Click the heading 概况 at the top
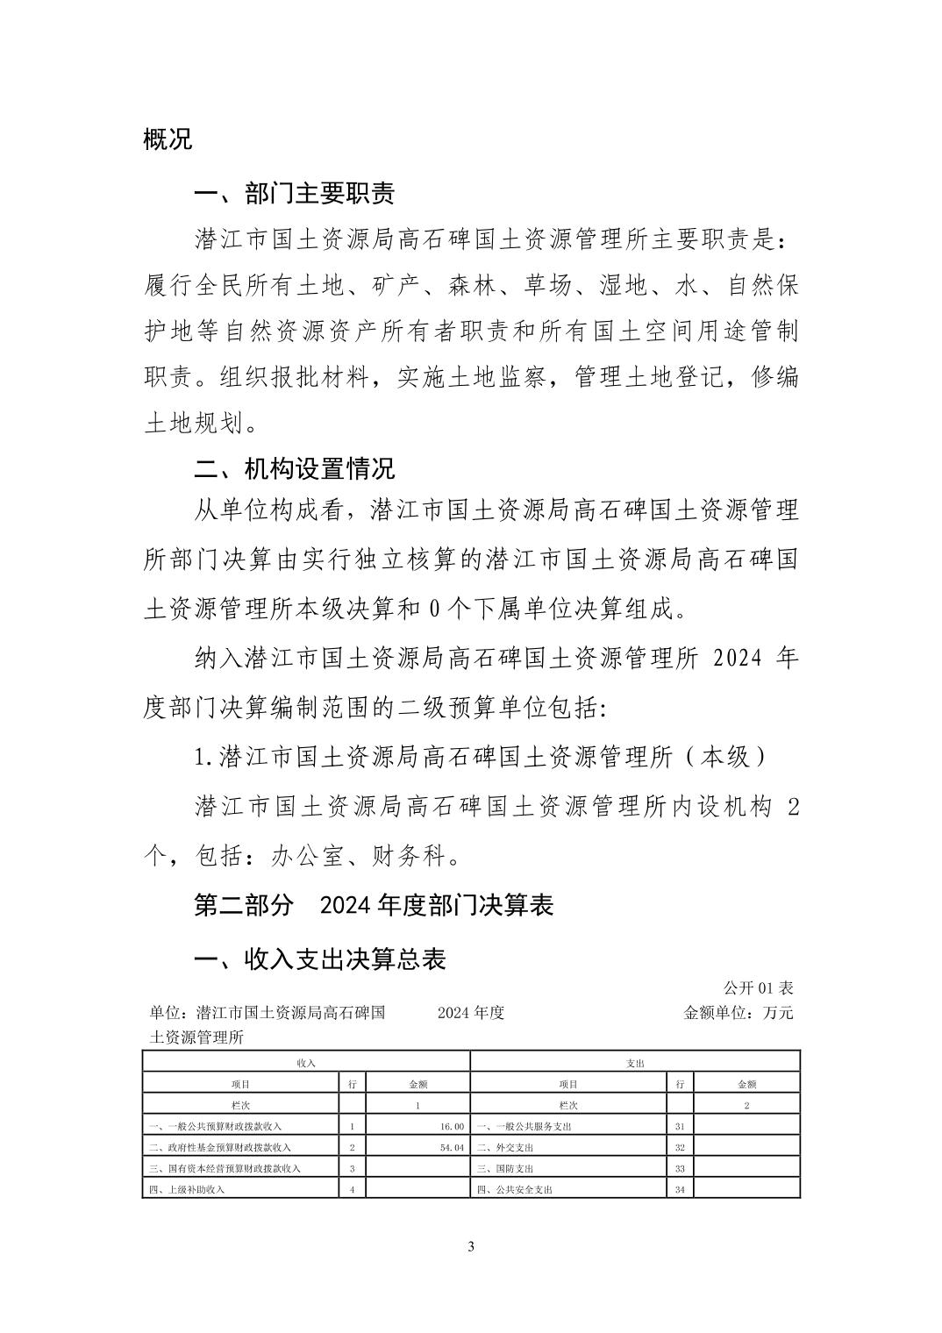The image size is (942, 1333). [168, 139]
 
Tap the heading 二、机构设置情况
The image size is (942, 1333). [294, 467]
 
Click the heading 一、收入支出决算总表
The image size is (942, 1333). [319, 959]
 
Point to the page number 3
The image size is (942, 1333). [471, 1246]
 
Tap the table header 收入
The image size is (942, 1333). [306, 1062]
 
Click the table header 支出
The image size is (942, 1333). [636, 1062]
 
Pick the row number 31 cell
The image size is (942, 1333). [680, 1126]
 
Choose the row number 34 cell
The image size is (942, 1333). [680, 1190]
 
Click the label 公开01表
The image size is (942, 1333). [759, 988]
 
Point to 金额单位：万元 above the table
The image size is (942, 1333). [739, 1013]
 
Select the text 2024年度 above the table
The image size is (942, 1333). [471, 1013]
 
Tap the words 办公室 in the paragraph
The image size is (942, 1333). [307, 856]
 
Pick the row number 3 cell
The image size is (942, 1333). [352, 1168]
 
